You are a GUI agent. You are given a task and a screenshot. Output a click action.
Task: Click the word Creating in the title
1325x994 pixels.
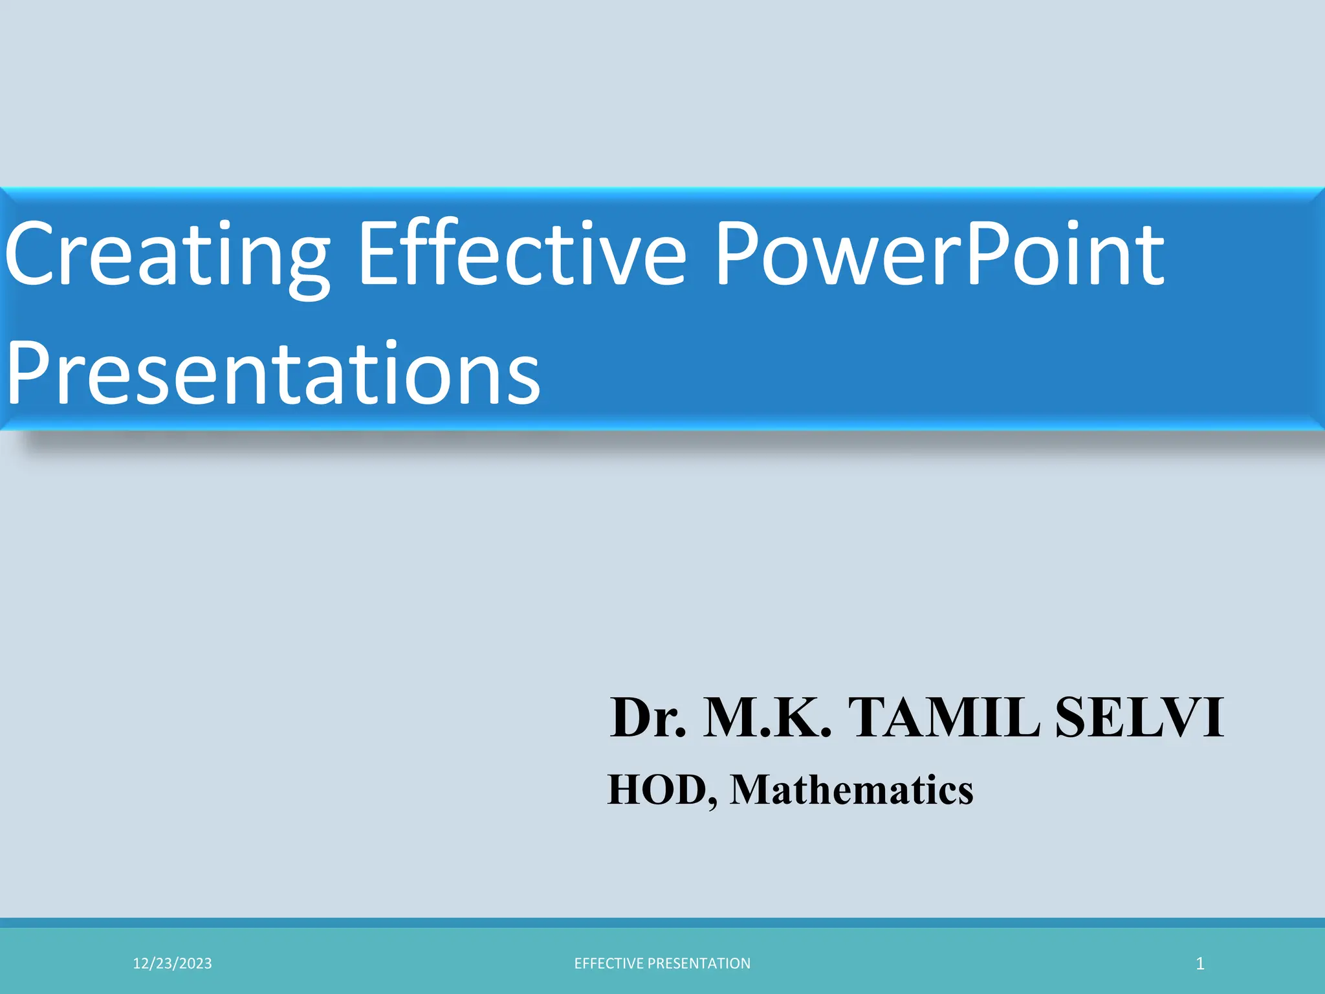[167, 256]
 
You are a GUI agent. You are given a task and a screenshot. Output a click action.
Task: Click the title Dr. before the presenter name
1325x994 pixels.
[648, 718]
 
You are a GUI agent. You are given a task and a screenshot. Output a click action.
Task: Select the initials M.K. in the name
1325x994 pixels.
[767, 718]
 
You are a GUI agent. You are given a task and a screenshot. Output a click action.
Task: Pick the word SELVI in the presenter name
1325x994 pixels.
[1139, 718]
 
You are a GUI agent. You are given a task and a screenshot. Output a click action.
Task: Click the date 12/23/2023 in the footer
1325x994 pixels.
[172, 964]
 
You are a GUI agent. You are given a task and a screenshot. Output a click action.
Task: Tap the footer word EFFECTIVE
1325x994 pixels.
[609, 964]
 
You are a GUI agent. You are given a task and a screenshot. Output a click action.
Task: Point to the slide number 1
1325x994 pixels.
[1200, 964]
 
